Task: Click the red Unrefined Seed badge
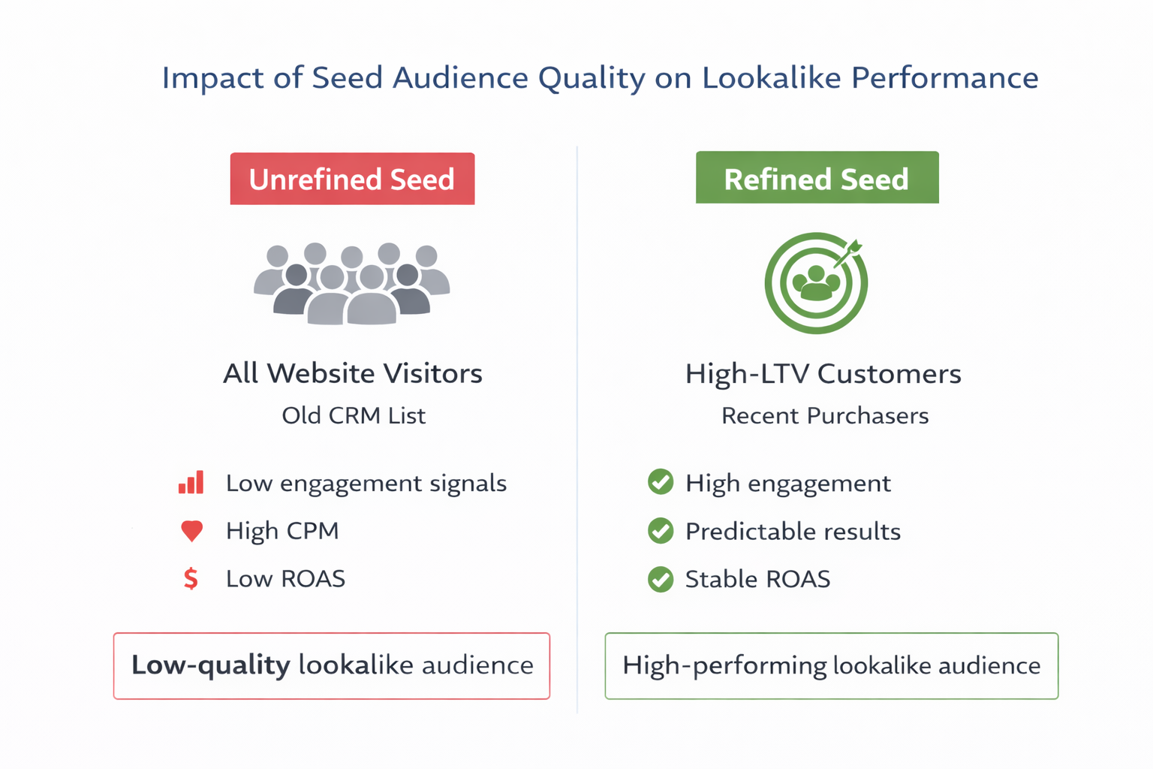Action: coord(352,179)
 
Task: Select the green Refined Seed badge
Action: coord(817,178)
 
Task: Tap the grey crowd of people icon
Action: coord(351,284)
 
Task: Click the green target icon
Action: coord(816,284)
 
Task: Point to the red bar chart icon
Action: coord(191,483)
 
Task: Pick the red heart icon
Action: coord(191,531)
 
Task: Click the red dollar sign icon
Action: coord(191,579)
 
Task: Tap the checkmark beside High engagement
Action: coord(661,482)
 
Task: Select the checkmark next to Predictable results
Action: coord(661,531)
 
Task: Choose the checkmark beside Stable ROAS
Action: coord(661,579)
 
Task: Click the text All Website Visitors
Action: coord(353,373)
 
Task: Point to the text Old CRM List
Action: coord(354,415)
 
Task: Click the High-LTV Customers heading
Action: coord(823,373)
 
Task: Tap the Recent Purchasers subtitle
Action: coord(825,415)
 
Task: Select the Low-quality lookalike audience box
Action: coord(332,666)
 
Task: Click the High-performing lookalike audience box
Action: coord(831,666)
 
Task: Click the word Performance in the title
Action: coord(944,78)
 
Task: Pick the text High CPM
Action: coord(282,531)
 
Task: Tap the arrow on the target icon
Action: coord(849,253)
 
